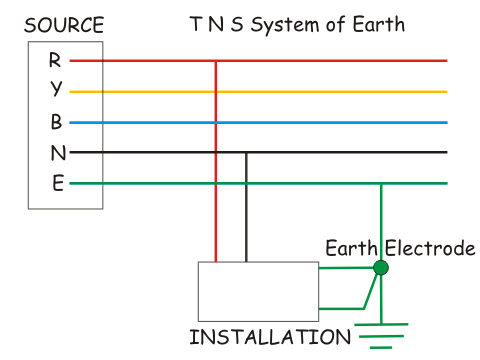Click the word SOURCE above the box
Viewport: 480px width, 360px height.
pyautogui.click(x=64, y=25)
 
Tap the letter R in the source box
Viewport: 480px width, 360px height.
pyautogui.click(x=55, y=60)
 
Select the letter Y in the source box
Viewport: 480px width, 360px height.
pyautogui.click(x=56, y=88)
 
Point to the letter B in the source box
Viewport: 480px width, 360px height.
pyautogui.click(x=56, y=121)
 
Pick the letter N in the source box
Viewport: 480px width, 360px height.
pyautogui.click(x=58, y=153)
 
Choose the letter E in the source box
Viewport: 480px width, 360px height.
pyautogui.click(x=58, y=183)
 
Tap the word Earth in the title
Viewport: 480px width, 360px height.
pyautogui.click(x=379, y=24)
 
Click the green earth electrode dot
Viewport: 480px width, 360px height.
pyautogui.click(x=381, y=268)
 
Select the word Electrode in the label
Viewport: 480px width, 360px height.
pyautogui.click(x=430, y=248)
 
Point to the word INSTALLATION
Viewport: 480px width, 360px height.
pyautogui.click(x=270, y=337)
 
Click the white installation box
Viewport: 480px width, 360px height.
pyautogui.click(x=258, y=292)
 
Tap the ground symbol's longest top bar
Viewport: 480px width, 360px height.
pyautogui.click(x=381, y=324)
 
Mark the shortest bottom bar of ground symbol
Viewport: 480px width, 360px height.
pyautogui.click(x=381, y=348)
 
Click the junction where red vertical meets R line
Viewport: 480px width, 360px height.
pyautogui.click(x=216, y=61)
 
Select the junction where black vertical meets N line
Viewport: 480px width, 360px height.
pyautogui.click(x=246, y=152)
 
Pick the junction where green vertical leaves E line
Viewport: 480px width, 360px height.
pyautogui.click(x=381, y=183)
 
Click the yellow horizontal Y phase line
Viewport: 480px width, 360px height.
pyautogui.click(x=258, y=91)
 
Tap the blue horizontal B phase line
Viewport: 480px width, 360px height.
pyautogui.click(x=258, y=123)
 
